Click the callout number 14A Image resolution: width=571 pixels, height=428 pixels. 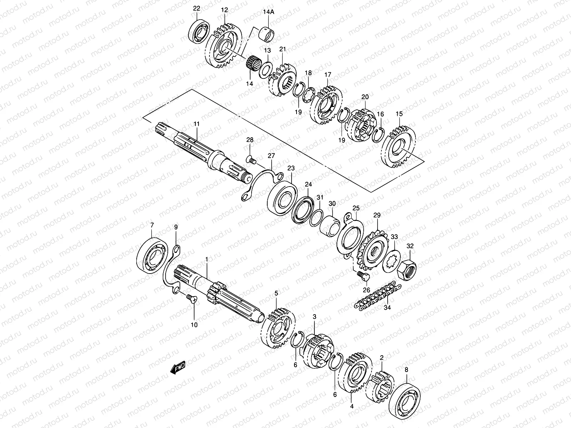(268, 12)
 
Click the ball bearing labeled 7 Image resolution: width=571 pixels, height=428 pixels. (154, 253)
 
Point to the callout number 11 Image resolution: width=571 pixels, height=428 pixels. (197, 124)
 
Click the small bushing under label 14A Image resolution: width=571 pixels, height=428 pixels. (268, 32)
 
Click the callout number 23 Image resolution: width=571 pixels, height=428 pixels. (291, 168)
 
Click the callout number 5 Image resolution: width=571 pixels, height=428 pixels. (276, 293)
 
